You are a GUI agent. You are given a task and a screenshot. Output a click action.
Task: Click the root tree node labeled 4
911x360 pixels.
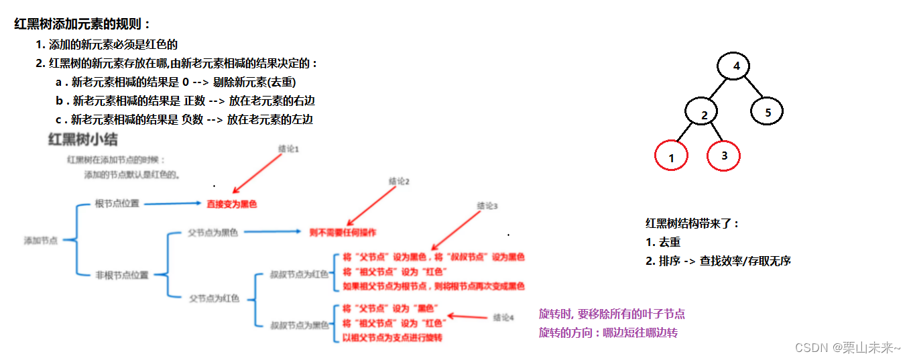[x=736, y=66]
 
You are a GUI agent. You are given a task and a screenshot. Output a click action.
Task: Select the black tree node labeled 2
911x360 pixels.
[x=704, y=115]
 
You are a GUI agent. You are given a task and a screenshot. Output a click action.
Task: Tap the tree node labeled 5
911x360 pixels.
[x=768, y=112]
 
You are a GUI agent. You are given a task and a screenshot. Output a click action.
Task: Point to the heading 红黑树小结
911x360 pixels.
[x=82, y=140]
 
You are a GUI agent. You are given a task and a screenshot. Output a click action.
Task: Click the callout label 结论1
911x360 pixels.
[x=288, y=149]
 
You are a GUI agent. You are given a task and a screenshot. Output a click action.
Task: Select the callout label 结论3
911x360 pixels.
[x=487, y=206]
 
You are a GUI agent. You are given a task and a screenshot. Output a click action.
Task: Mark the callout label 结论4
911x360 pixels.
[x=503, y=317]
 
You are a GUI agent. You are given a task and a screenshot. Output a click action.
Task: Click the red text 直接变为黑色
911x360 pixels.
[x=232, y=204]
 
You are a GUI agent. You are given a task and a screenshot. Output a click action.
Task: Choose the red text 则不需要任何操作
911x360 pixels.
[x=343, y=233]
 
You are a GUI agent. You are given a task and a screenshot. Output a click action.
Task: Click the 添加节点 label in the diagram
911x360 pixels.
[x=41, y=240]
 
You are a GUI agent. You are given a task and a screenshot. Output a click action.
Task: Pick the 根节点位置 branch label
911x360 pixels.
[x=117, y=204]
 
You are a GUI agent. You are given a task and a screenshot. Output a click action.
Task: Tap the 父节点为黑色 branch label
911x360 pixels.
[x=213, y=233]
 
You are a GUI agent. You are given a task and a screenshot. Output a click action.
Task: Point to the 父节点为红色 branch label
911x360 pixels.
[x=214, y=299]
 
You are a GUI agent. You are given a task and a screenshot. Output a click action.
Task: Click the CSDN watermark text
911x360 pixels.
[x=847, y=347]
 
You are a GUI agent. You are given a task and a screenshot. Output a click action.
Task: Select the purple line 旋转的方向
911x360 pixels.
[x=608, y=333]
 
